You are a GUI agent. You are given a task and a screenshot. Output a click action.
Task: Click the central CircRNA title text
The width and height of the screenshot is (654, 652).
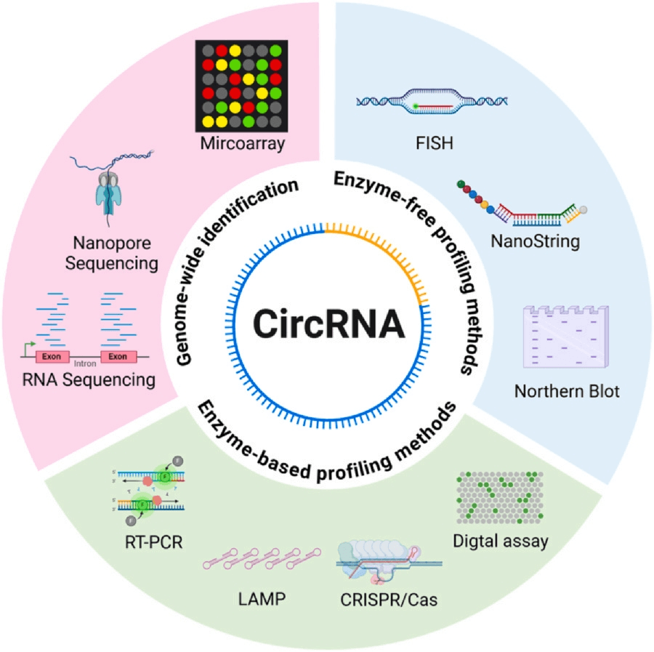click(x=328, y=324)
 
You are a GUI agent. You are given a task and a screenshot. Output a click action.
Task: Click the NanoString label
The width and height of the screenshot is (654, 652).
click(x=534, y=241)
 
